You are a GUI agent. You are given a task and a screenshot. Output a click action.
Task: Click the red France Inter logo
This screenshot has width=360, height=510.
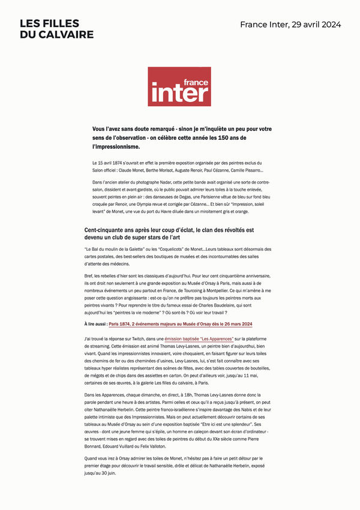(x=179, y=86)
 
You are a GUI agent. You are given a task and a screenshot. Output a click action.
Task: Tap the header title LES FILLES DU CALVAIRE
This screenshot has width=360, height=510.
(x=56, y=29)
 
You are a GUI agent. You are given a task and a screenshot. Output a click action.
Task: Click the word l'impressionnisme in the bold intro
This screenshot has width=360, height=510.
(x=116, y=146)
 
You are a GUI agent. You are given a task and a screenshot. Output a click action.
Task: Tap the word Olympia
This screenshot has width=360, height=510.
(x=155, y=205)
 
